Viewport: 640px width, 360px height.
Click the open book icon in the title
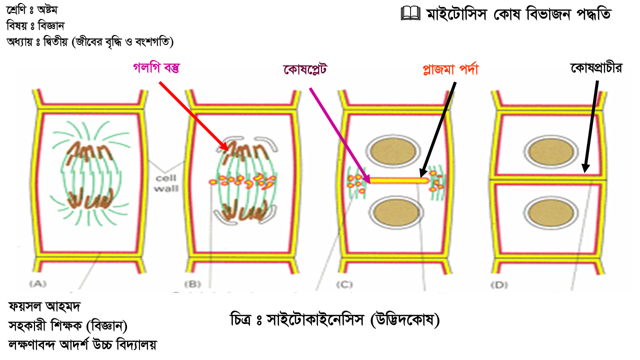410,13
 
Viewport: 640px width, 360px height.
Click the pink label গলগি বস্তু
156,68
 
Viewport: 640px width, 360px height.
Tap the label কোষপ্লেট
305,69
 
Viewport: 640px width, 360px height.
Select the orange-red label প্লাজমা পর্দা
451,69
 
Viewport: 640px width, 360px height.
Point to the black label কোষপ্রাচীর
596,68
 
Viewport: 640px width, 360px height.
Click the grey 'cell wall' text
166,183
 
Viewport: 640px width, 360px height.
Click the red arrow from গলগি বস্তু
193,116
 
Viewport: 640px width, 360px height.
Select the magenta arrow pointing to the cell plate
340,135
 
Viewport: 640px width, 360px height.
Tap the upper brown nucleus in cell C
394,151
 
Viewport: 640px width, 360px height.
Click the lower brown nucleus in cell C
396,213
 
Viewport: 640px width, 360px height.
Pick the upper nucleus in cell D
551,152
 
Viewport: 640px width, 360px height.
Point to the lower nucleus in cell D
551,213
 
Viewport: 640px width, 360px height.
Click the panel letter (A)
38,283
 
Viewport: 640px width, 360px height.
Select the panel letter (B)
192,284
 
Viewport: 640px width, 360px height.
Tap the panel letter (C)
344,284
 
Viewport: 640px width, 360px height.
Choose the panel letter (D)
499,285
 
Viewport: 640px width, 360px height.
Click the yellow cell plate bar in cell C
399,180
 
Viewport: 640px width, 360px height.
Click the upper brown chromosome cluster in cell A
89,153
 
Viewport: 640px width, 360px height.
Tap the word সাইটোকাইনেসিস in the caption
315,319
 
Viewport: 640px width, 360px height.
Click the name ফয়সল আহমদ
44,307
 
